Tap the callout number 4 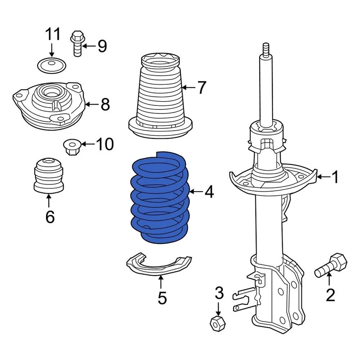(x=209, y=192)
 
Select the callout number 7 (x=202, y=88)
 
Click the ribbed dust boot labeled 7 (x=160, y=97)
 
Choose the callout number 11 (x=52, y=34)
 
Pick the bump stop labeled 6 (x=48, y=176)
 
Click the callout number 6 (x=49, y=216)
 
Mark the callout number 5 (x=162, y=298)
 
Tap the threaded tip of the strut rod (x=266, y=49)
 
